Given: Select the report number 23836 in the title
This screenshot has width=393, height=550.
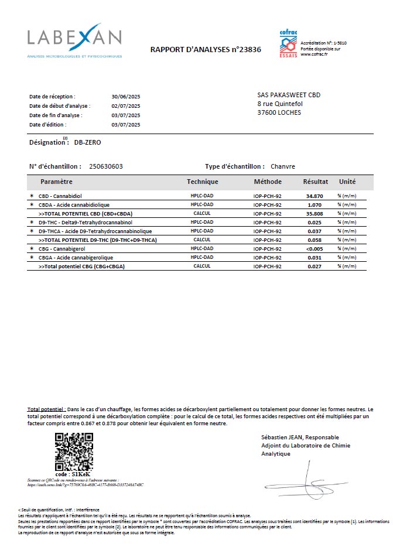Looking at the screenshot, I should pos(248,50).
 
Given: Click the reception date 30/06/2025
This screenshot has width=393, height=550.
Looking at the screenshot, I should pos(126,96).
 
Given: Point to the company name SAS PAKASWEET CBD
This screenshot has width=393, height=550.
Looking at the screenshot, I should pos(289,95).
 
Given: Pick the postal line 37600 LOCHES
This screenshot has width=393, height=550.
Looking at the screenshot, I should pos(279,112).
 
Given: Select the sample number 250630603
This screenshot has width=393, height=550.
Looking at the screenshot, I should pos(106,166).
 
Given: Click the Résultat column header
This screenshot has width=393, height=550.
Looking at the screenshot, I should pos(315,182).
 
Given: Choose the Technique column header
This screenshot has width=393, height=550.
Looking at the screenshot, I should pos(202,182).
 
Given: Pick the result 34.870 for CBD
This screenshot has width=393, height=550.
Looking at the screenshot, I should pos(315,196).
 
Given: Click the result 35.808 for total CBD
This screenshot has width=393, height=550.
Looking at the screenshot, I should pos(315,213).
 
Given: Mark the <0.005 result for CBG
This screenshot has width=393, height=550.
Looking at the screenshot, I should pos(314,249).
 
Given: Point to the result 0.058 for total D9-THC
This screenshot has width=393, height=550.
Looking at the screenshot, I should pos(315,240).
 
